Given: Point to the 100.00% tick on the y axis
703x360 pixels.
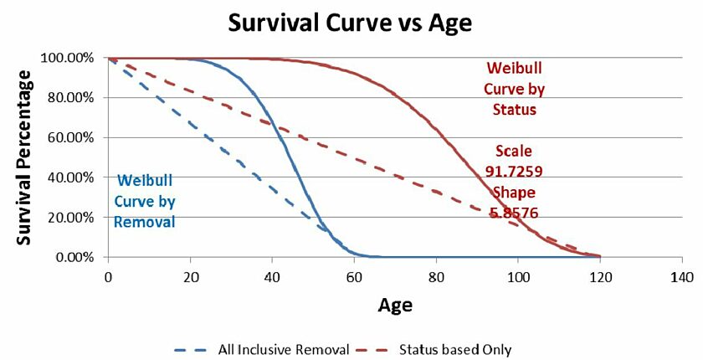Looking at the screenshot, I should [x=69, y=59].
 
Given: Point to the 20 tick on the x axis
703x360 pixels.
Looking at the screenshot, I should [x=190, y=277].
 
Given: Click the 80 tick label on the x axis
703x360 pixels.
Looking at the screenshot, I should [x=436, y=277].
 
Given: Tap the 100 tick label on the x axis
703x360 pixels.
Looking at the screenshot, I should [x=518, y=277].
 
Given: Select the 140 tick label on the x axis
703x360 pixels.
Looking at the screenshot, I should [x=682, y=277].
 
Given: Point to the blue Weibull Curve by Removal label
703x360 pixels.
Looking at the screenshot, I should [x=145, y=201].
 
